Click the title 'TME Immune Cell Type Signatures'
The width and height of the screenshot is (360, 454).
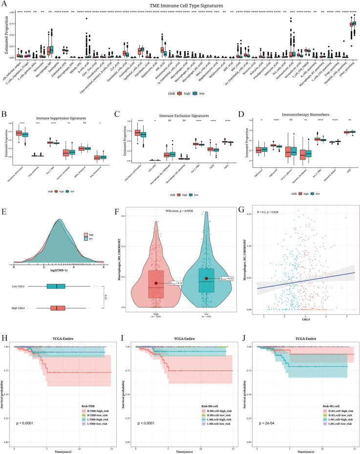tap(179, 4)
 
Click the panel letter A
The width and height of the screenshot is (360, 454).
tap(3, 3)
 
